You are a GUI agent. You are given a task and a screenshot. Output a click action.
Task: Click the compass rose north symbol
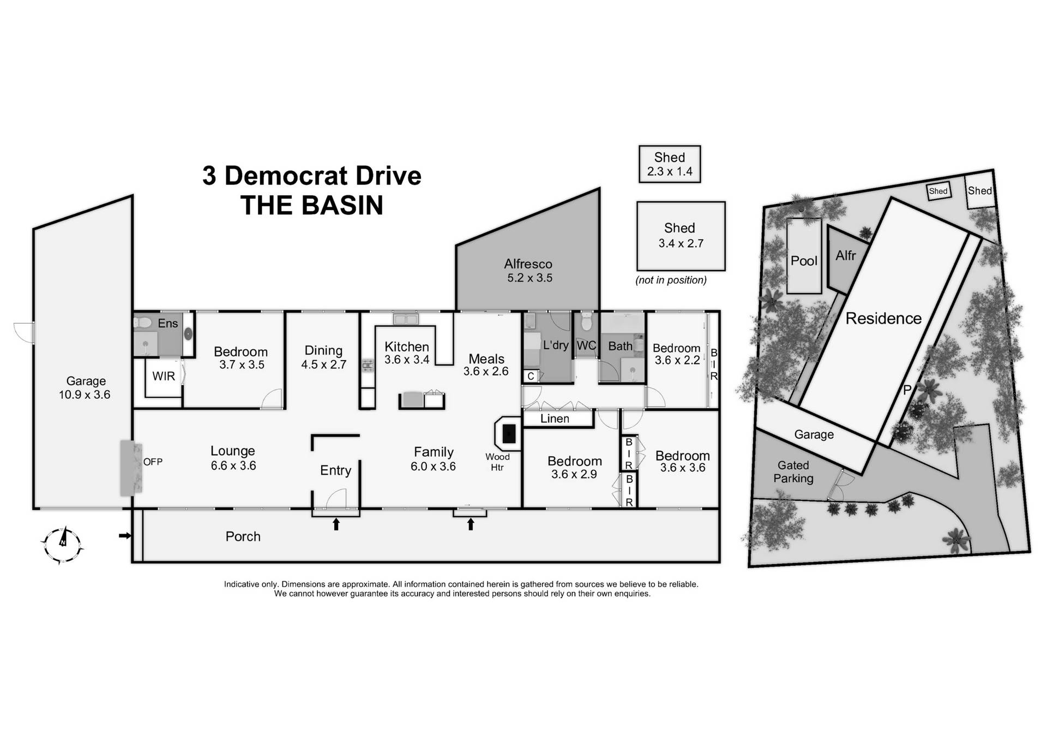[x=62, y=543]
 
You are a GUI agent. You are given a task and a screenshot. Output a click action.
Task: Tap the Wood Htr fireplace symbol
[x=508, y=434]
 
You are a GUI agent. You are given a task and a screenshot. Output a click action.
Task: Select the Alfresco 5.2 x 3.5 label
[x=528, y=271]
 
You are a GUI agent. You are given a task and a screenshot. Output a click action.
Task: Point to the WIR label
[x=164, y=376]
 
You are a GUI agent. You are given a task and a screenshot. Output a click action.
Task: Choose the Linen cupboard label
[x=555, y=419]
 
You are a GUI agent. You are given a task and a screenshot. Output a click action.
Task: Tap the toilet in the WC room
[x=587, y=322]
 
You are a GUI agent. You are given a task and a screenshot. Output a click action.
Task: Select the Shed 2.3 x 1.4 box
[x=670, y=164]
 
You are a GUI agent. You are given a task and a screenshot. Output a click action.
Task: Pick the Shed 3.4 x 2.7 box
[x=681, y=236]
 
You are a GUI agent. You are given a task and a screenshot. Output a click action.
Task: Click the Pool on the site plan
[x=804, y=261]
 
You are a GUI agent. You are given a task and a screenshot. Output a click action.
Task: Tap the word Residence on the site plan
[x=883, y=319]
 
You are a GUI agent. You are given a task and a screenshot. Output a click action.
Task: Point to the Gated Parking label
[x=793, y=472]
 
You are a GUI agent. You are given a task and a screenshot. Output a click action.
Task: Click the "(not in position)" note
[x=671, y=280]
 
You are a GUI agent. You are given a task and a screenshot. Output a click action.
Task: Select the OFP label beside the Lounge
[x=153, y=462]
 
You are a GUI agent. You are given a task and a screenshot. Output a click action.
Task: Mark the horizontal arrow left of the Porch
[x=125, y=536]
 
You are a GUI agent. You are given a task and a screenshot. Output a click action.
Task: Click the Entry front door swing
[x=337, y=498]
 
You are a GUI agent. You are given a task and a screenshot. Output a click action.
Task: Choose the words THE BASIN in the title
[x=312, y=206]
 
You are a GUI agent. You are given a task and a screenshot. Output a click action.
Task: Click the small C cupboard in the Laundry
[x=531, y=377]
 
